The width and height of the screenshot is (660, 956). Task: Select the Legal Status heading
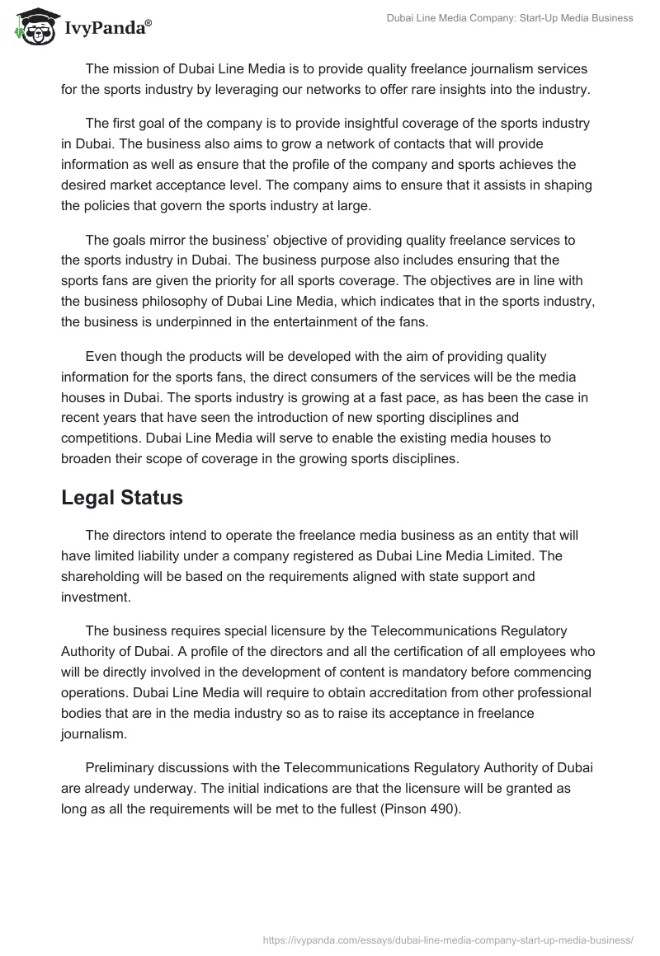point(122,498)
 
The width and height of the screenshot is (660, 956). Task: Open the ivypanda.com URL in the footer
point(446,939)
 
